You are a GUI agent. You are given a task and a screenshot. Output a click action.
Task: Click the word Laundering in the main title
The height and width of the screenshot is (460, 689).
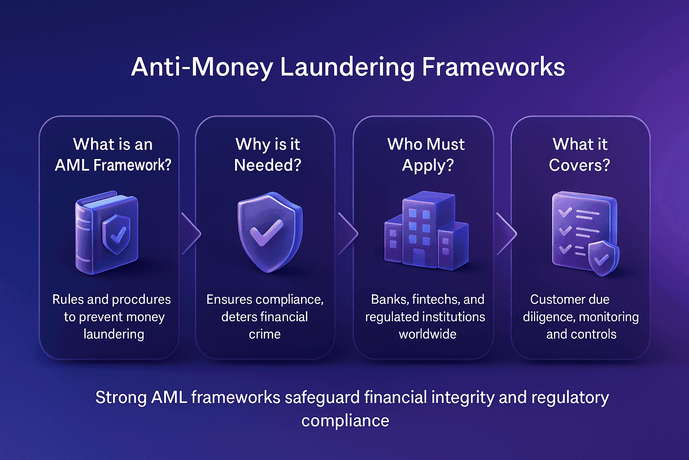(x=348, y=67)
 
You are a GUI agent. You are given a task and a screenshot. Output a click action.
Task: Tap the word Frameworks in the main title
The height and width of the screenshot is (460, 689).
(x=493, y=67)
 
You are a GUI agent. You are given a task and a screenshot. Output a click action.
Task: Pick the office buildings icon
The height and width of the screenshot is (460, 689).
(x=426, y=232)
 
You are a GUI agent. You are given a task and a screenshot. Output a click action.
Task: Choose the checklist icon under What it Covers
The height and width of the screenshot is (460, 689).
(x=583, y=233)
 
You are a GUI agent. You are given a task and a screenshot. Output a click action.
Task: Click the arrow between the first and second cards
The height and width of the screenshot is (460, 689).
(x=190, y=234)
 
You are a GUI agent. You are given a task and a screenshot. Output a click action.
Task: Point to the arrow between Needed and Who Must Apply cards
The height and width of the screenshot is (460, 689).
(x=348, y=234)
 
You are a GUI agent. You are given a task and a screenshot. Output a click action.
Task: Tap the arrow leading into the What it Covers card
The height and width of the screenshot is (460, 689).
(x=506, y=234)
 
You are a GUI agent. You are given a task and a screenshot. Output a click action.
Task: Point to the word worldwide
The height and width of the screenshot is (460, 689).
(x=427, y=334)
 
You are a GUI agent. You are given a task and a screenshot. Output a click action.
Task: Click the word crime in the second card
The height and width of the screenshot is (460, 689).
(x=265, y=334)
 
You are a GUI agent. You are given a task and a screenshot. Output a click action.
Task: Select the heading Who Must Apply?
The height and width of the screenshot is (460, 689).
(x=426, y=155)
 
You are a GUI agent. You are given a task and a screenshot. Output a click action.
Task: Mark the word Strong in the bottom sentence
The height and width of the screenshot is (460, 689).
(x=121, y=398)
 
